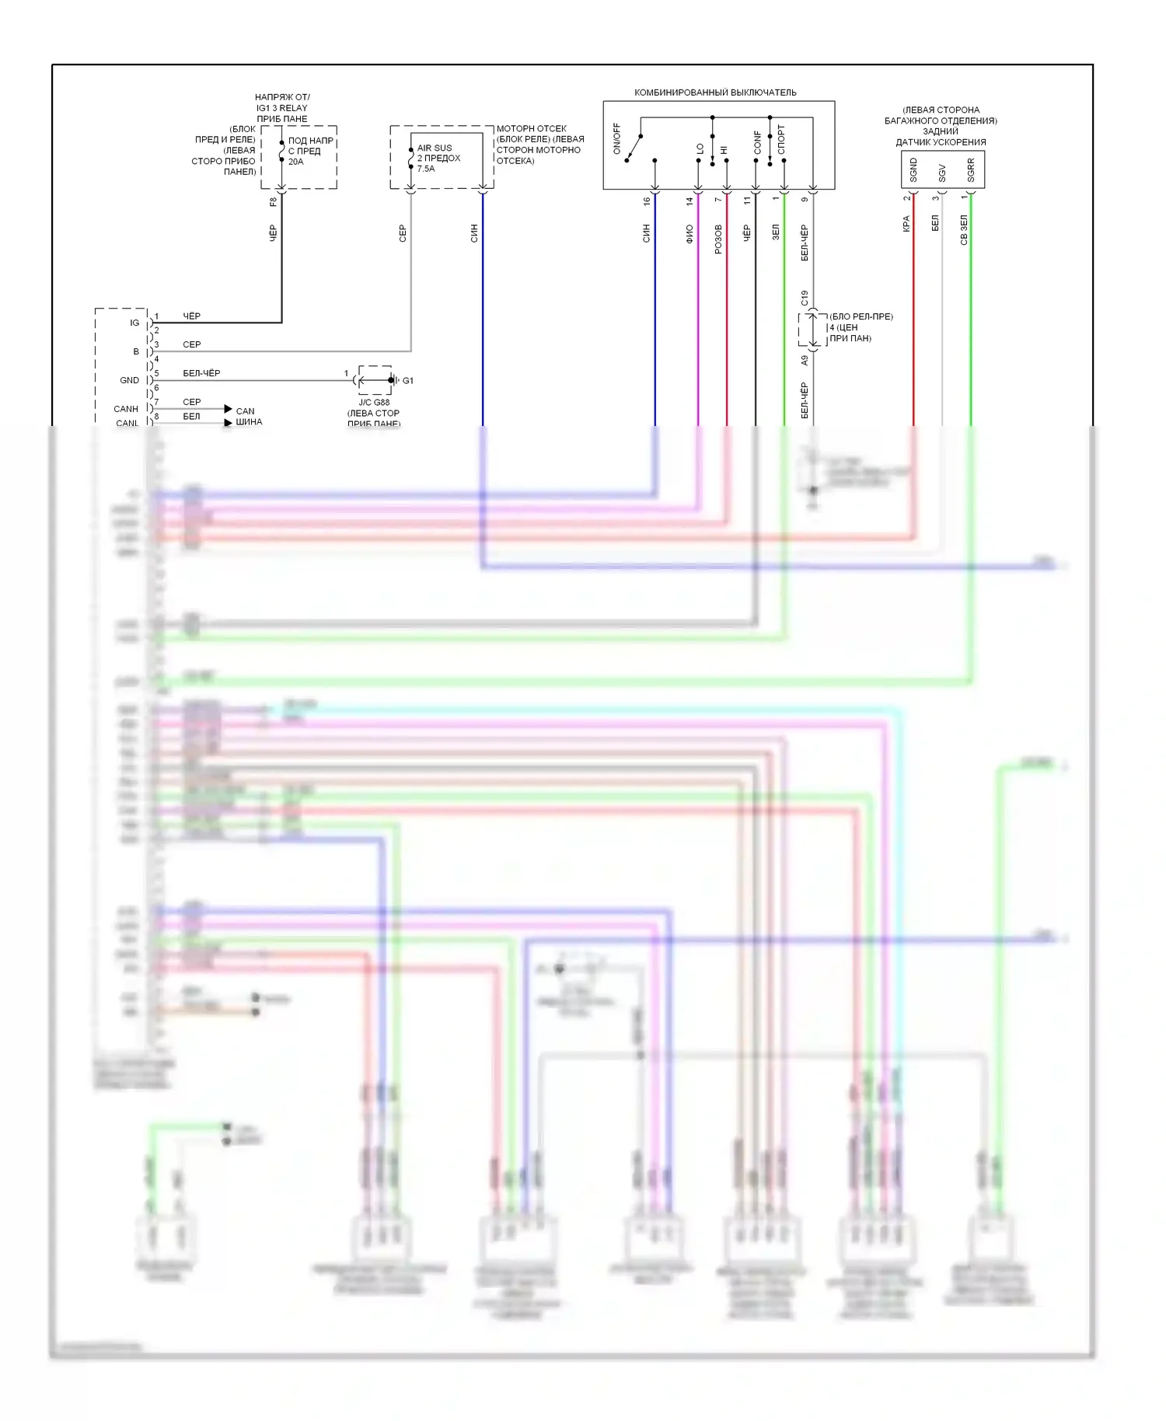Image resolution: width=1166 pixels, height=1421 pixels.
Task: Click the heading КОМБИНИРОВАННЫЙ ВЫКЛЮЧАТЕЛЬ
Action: tap(715, 93)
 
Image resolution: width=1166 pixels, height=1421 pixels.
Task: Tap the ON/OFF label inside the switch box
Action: tap(617, 138)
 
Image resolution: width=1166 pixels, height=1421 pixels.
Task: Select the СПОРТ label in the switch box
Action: tap(781, 139)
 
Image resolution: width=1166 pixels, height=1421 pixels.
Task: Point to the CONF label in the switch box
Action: tap(758, 141)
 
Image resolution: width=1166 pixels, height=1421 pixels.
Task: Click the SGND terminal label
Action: tap(913, 169)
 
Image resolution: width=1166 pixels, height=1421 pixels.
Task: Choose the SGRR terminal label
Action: tap(971, 170)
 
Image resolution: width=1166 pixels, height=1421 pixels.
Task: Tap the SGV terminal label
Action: tap(942, 173)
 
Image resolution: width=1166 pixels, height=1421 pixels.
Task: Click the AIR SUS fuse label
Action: tap(435, 148)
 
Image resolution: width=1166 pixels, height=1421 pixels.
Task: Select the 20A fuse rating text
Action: tap(296, 162)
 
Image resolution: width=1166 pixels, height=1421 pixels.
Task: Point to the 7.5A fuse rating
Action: tap(426, 169)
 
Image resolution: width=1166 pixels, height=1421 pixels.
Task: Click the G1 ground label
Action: tap(408, 381)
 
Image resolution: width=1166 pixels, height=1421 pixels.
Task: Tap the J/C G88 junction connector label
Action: tap(374, 403)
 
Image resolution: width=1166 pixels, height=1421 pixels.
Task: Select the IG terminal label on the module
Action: tap(134, 323)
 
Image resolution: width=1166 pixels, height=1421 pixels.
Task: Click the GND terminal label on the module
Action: tap(130, 380)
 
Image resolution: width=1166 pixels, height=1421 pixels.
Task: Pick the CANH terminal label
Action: tap(126, 409)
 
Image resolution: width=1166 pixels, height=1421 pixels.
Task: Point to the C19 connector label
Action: tap(805, 298)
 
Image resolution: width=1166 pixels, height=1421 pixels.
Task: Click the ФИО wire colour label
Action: tap(689, 234)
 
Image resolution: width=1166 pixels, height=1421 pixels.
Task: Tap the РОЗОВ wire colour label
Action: tap(718, 239)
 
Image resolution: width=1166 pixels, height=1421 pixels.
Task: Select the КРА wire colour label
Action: tap(906, 224)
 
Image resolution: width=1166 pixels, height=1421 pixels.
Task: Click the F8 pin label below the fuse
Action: tap(273, 202)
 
